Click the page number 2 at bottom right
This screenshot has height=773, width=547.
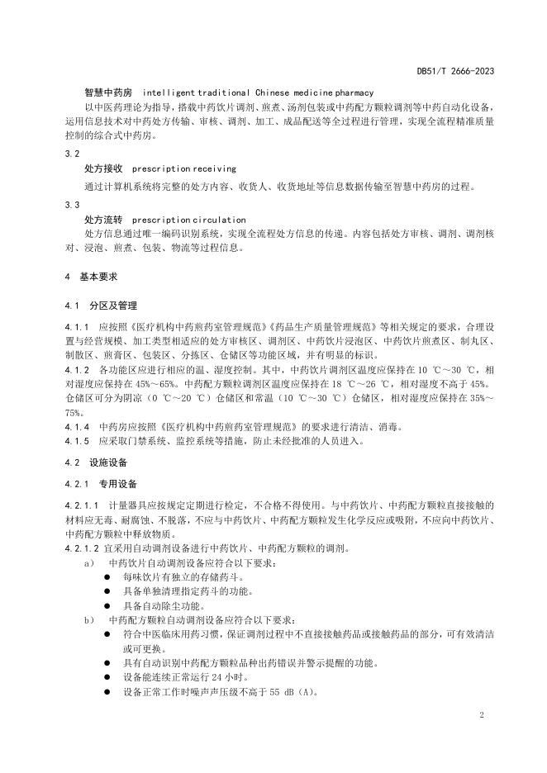(481, 713)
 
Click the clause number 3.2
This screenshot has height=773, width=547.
(72, 154)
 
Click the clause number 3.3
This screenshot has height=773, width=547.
(72, 204)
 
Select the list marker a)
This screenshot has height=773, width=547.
(88, 562)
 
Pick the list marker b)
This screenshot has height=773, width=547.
(88, 619)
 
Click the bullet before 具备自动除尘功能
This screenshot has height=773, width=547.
(107, 605)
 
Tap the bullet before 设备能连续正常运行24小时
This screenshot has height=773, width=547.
(107, 677)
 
